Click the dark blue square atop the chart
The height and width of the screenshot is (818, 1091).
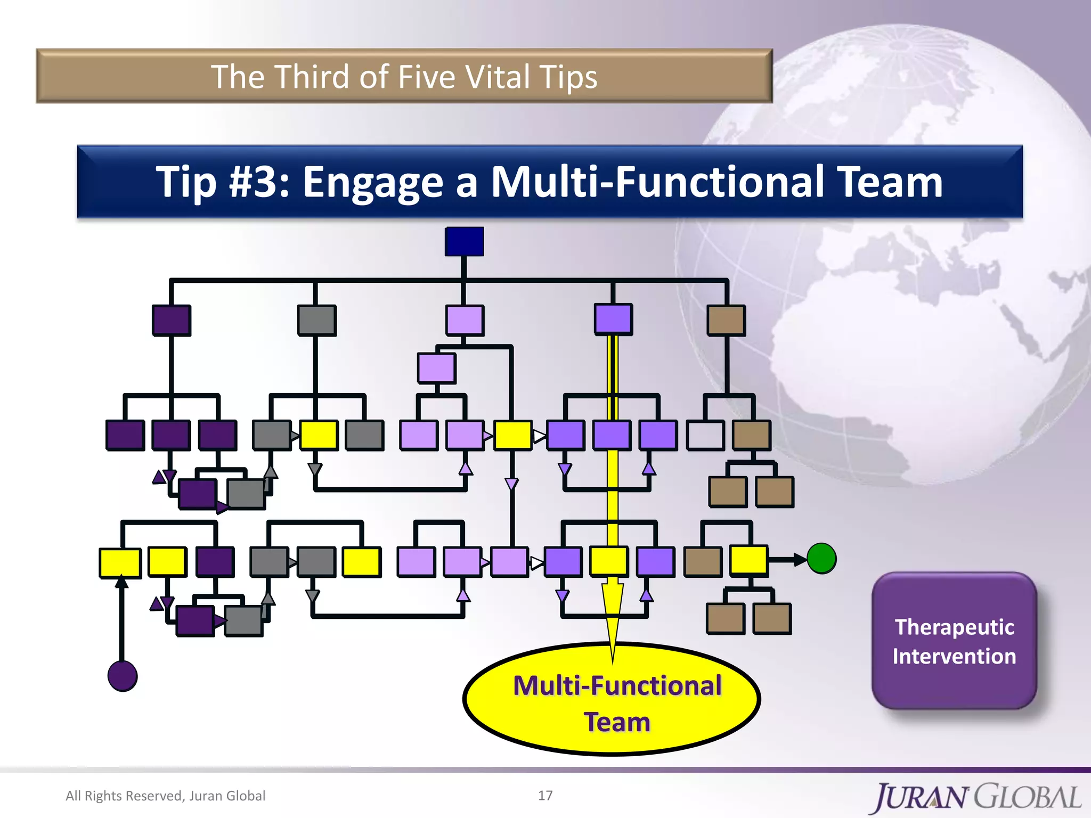click(464, 241)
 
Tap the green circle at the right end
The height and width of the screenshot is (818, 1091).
click(821, 559)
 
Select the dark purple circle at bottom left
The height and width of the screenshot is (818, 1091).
click(123, 676)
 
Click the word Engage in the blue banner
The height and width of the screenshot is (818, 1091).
click(372, 182)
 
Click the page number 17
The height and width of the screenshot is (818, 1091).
click(545, 795)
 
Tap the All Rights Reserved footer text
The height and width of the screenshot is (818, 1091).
click(165, 796)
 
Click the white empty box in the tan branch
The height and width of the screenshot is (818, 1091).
click(705, 435)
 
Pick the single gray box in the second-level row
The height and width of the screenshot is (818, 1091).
click(316, 320)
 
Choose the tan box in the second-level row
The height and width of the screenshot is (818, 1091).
click(726, 320)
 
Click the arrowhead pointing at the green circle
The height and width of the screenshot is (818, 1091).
click(800, 559)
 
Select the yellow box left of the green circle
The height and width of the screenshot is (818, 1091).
click(748, 560)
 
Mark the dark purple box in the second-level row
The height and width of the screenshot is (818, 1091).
click(171, 320)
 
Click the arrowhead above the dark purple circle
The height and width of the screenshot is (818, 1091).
click(122, 582)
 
